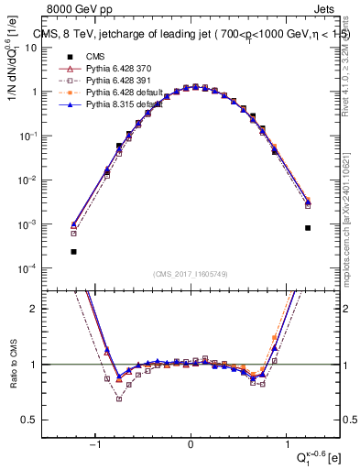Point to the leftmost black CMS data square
tap(73, 251)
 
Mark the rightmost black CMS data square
tap(308, 228)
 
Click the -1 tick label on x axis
tap(94, 446)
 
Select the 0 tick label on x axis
tap(191, 446)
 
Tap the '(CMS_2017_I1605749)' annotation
tap(191, 274)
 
